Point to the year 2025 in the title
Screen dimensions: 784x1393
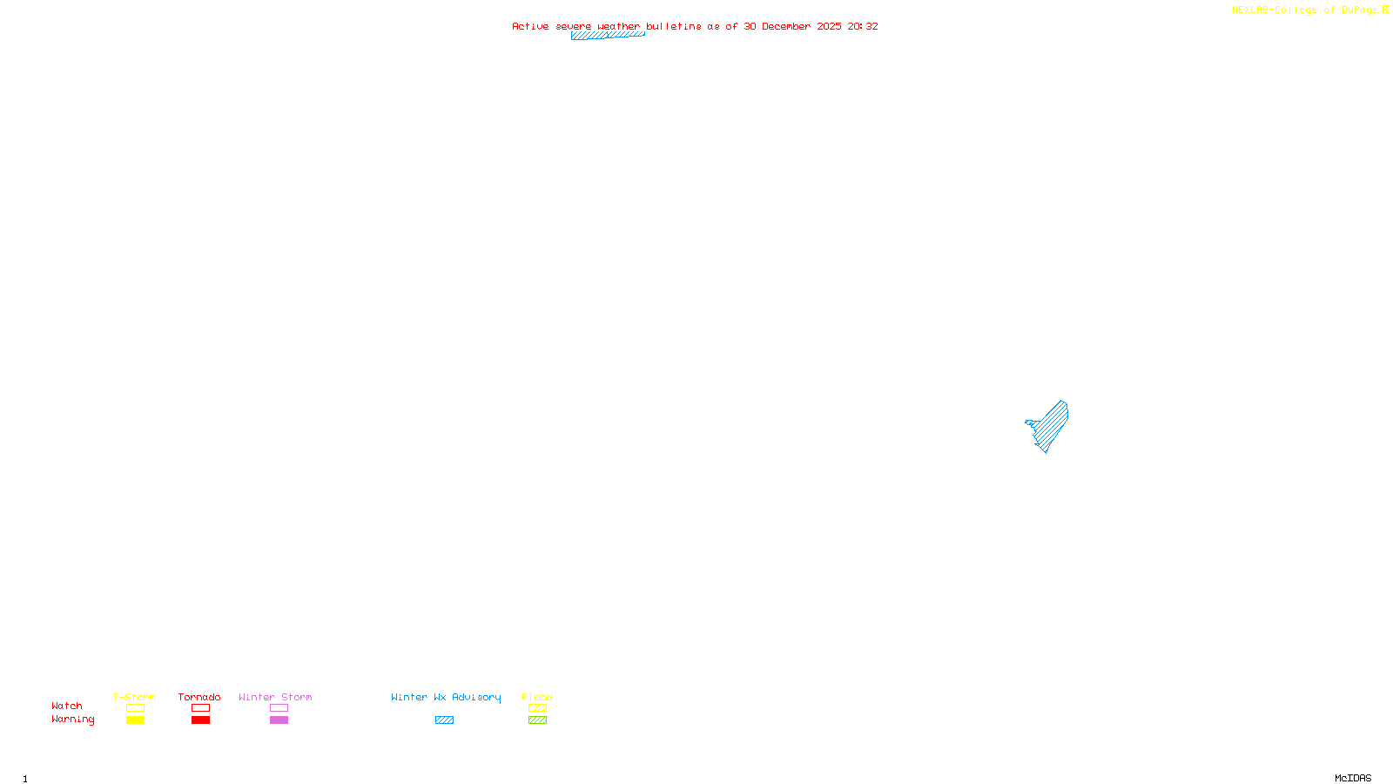(x=829, y=26)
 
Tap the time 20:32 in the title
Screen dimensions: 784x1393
(x=863, y=26)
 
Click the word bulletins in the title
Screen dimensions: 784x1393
(x=674, y=26)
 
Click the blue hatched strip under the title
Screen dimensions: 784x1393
(x=608, y=36)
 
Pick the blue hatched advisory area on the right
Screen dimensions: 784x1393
(x=1052, y=425)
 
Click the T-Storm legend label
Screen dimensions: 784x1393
(x=134, y=697)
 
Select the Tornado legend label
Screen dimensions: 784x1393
(x=199, y=697)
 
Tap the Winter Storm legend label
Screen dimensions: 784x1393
(x=275, y=697)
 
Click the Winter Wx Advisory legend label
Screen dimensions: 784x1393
(x=446, y=697)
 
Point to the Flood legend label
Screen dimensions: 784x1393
(x=537, y=697)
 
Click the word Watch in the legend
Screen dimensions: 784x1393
(x=67, y=706)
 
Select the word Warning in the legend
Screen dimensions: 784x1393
(x=72, y=720)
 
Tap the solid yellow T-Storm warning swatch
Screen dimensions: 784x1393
(x=135, y=720)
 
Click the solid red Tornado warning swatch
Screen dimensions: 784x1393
(x=201, y=720)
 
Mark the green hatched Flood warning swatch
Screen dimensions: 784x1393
(x=538, y=720)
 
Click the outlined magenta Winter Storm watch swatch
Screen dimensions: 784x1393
(x=279, y=708)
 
